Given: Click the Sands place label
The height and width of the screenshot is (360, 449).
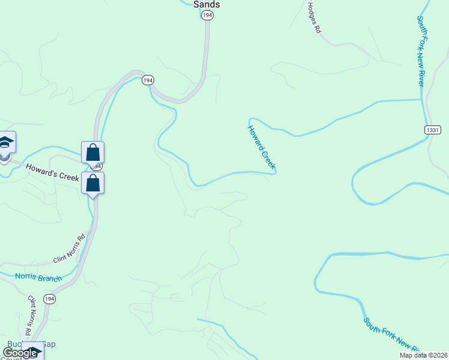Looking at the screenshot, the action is coord(206,4).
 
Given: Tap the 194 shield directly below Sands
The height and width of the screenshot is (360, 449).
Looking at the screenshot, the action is coord(207,16).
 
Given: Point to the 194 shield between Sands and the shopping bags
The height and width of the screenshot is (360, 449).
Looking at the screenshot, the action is coord(148,80).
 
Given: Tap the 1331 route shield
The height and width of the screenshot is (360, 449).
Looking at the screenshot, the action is coord(433,130).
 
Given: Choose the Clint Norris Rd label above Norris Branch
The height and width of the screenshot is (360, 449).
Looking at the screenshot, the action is coord(70,248).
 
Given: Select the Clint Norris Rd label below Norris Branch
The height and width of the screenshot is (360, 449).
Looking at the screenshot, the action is coord(28,314).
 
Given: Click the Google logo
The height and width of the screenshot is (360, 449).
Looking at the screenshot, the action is coord(20,353).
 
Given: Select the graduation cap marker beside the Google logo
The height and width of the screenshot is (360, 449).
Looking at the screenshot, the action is coord(34,350).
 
